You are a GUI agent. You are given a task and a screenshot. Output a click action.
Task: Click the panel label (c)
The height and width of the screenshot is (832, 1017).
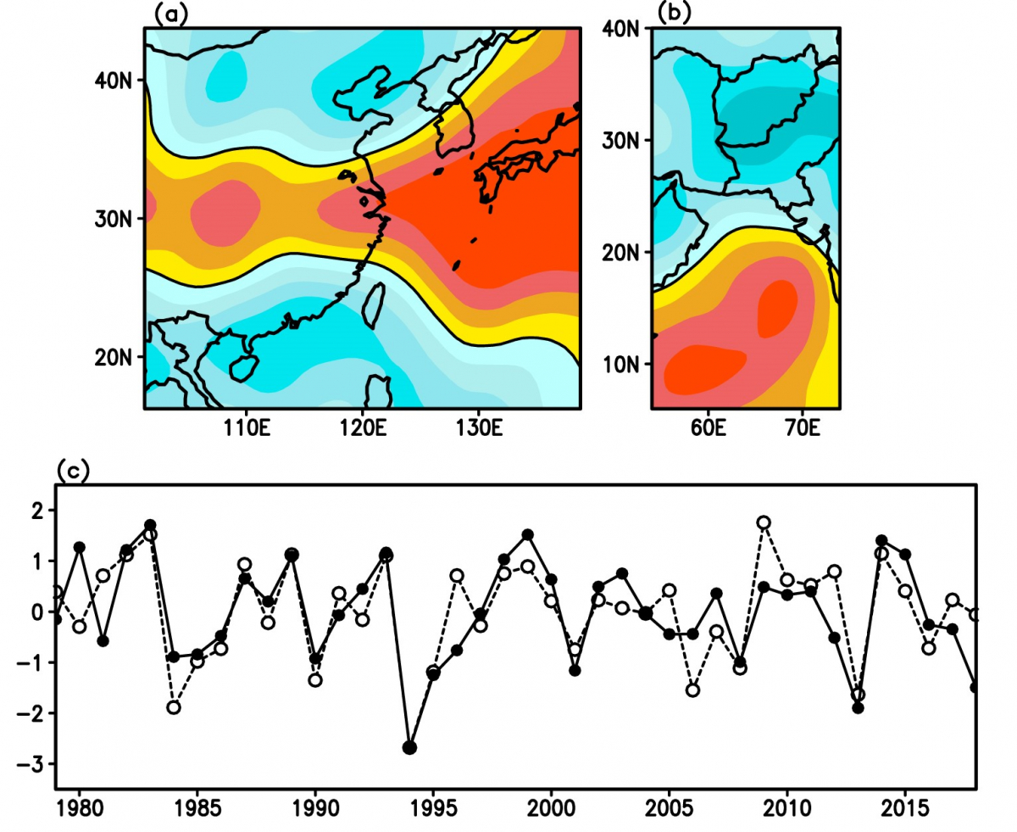69,470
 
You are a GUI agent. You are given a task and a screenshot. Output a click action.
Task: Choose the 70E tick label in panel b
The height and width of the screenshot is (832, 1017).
802,425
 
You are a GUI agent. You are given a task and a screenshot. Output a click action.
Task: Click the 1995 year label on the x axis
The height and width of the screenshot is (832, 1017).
434,802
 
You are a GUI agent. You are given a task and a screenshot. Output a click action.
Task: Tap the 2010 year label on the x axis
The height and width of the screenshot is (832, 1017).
788,802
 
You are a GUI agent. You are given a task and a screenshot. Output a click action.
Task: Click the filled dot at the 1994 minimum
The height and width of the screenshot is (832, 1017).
410,747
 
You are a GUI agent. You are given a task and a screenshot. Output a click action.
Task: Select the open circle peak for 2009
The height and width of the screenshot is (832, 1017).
764,522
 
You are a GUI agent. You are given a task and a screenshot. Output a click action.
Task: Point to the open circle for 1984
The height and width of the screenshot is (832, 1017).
174,707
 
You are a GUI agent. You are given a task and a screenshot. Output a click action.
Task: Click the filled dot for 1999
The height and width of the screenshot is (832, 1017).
528,535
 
